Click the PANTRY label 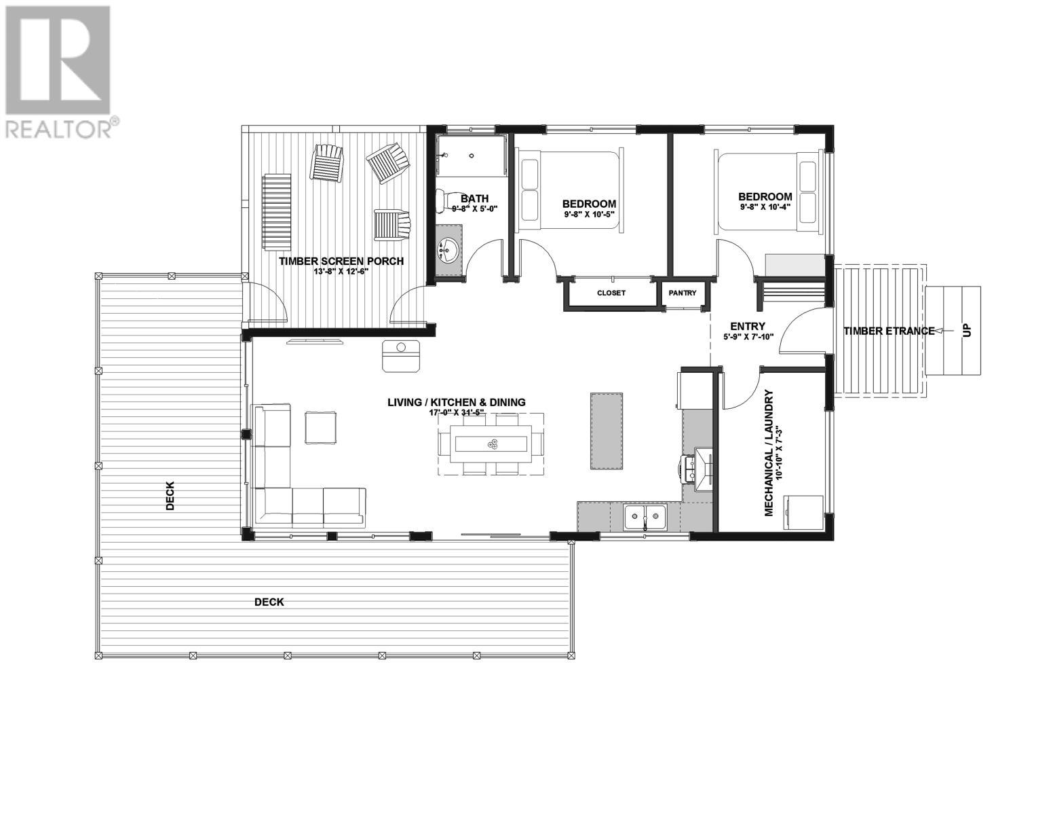[683, 293]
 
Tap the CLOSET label [611, 293]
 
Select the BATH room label [475, 199]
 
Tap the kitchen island [607, 431]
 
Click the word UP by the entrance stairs [967, 331]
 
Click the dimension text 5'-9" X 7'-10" [748, 337]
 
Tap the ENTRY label [748, 326]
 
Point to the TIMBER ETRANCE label [889, 331]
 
